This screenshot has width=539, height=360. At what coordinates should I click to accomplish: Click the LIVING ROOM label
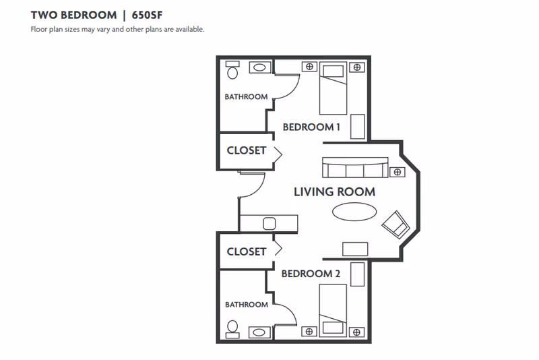click(334, 192)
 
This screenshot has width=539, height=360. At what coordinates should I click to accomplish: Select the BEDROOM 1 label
click(311, 127)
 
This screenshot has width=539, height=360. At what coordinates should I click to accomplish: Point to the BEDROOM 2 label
click(311, 274)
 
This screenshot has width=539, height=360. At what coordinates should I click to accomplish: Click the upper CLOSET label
click(246, 150)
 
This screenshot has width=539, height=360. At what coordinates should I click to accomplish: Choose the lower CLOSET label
click(246, 251)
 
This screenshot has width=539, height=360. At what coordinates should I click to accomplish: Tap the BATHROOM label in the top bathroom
click(246, 97)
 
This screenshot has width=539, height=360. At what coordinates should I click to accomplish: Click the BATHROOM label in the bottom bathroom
click(246, 305)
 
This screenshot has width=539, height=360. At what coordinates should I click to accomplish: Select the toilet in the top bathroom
click(232, 70)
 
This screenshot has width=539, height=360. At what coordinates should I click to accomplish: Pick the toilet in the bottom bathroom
click(232, 328)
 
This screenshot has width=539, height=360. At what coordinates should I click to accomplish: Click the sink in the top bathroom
click(260, 67)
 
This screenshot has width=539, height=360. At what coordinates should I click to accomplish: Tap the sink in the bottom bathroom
click(260, 332)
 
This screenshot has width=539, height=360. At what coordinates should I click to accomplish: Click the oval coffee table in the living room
click(354, 212)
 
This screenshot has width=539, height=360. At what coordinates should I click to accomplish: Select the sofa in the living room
click(354, 167)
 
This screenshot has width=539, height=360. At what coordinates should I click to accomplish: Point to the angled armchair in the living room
click(395, 223)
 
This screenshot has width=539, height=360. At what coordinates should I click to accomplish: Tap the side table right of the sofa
click(398, 172)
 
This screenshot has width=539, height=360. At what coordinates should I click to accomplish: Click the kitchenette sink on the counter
click(269, 223)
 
